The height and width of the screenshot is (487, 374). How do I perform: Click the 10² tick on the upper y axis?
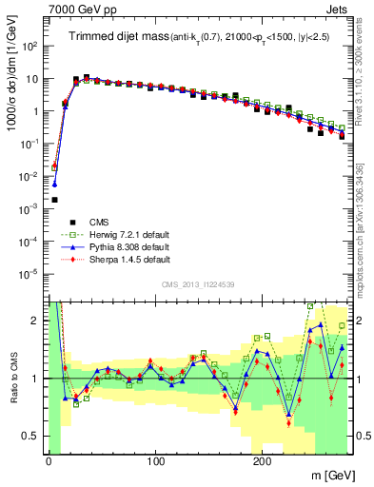click(x=30, y=46)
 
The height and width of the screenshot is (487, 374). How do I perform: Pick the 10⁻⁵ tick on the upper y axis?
click(x=30, y=273)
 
